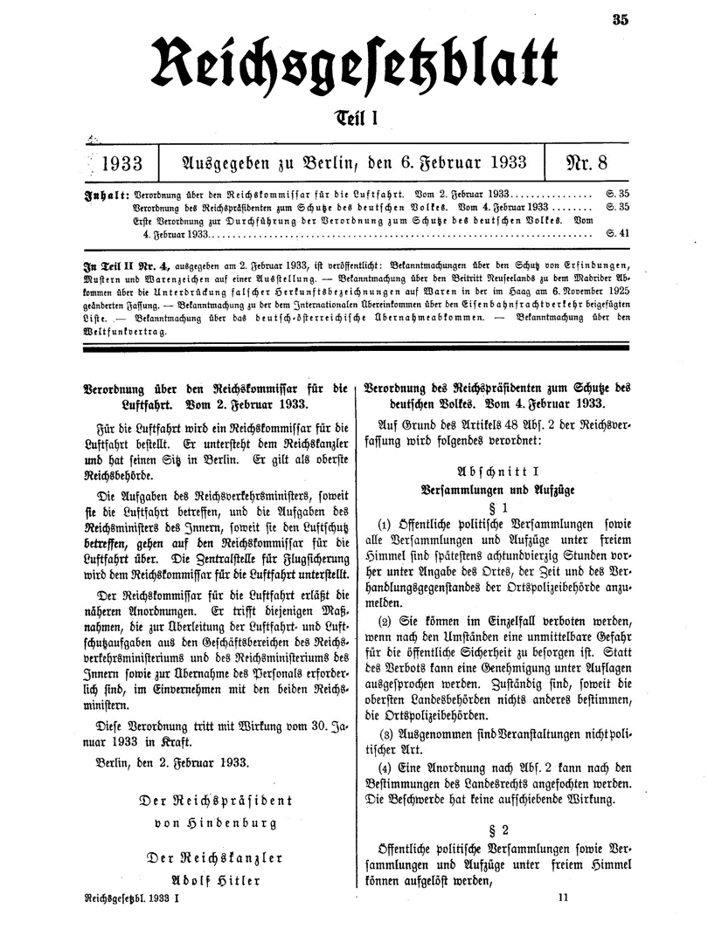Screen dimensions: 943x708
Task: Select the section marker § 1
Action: [x=496, y=506]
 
